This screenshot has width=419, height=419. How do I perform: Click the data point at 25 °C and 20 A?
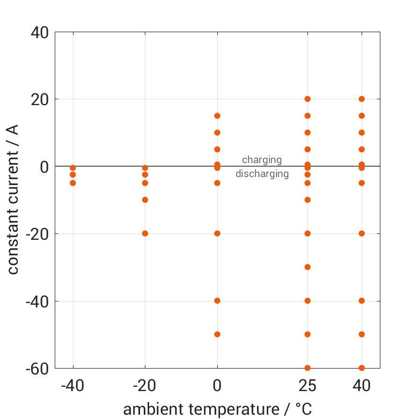[307, 99]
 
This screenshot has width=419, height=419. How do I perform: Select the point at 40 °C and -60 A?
[362, 368]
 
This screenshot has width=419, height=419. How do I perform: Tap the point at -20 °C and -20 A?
[145, 233]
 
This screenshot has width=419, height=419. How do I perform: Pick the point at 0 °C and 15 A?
[217, 116]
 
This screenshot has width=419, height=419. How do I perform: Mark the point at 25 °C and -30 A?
[307, 267]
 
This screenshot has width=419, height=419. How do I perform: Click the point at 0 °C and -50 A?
[217, 334]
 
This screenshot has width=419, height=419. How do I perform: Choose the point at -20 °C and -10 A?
[145, 200]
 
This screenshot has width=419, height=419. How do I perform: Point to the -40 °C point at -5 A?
[73, 183]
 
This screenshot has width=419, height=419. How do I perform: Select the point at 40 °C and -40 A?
[362, 301]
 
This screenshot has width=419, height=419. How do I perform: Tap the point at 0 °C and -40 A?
[217, 301]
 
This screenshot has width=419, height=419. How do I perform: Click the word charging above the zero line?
[262, 160]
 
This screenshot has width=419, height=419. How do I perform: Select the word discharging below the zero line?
[262, 174]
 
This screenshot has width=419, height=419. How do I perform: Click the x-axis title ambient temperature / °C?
[217, 409]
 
